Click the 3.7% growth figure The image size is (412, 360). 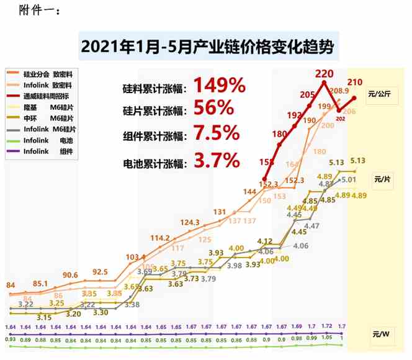tap(217, 161)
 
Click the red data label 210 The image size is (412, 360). tap(355, 81)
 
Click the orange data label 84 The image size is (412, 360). tap(11, 285)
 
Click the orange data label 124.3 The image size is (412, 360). tap(189, 222)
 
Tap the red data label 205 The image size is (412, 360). tap(308, 94)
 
